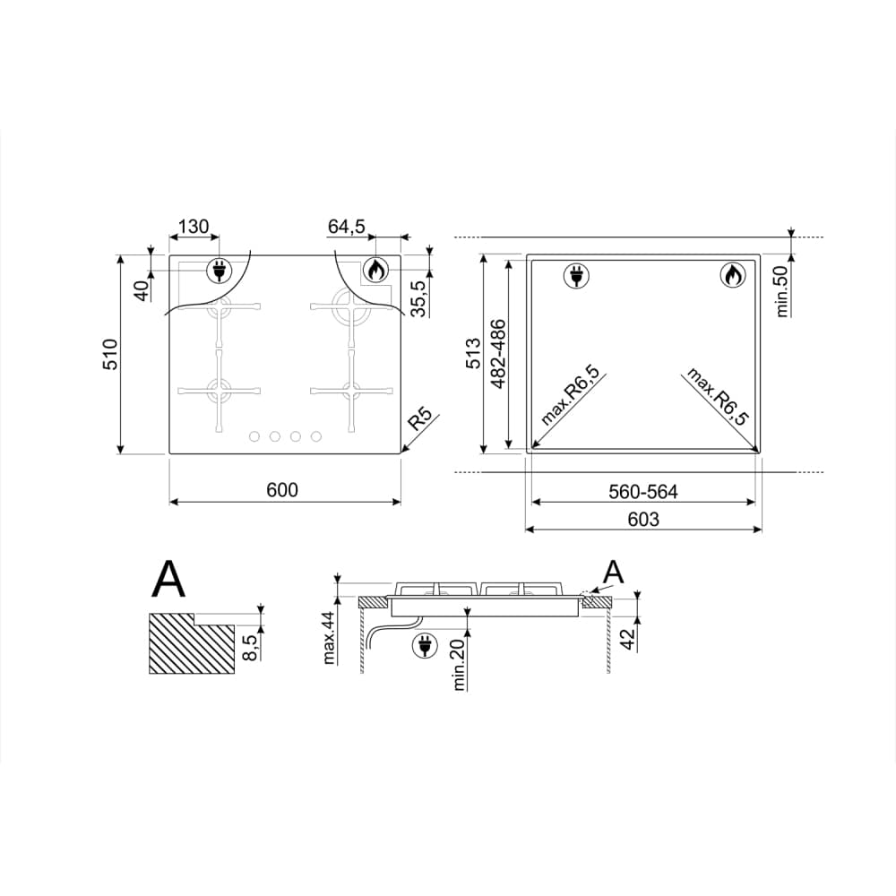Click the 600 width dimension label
tap(281, 490)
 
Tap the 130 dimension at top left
tap(194, 227)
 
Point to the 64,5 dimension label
tap(346, 227)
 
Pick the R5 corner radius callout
tap(418, 420)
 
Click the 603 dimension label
tap(642, 519)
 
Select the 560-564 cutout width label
tap(642, 491)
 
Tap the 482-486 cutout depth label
tap(498, 354)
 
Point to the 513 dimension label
tap(474, 353)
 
